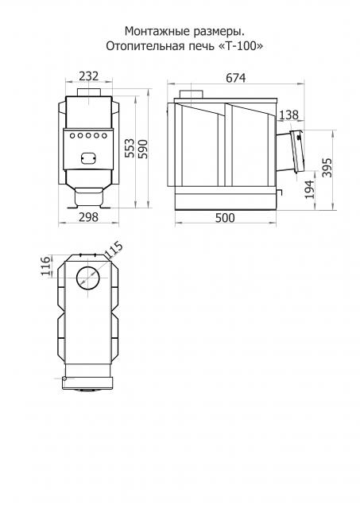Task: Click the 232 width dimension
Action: point(88,76)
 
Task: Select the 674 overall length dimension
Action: point(236,78)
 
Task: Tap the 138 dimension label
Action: point(288,115)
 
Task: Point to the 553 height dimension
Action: point(130,148)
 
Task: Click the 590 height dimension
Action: point(143,150)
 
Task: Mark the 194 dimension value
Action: point(310,189)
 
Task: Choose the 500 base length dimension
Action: point(225,217)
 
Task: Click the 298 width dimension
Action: point(88,217)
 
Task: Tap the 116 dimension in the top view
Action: point(46,266)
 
